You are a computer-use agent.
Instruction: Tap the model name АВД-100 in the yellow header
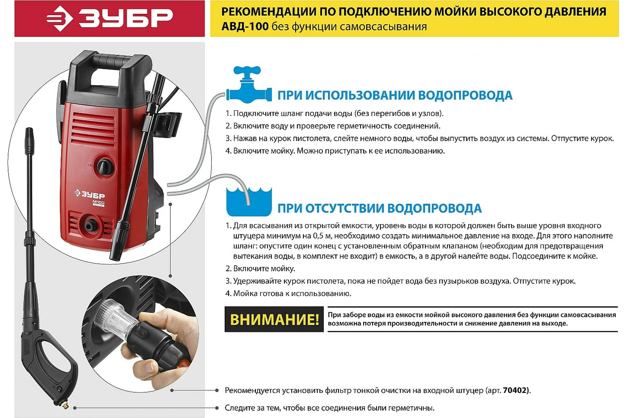pos(245,27)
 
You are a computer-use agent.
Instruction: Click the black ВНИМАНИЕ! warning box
pos(274,319)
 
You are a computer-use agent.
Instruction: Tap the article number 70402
pos(515,391)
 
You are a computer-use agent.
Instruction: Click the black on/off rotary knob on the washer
pos(106,167)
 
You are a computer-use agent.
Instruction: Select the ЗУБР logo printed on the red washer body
pos(90,194)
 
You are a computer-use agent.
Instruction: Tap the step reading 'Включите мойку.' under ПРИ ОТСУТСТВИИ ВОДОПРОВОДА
pos(264,269)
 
